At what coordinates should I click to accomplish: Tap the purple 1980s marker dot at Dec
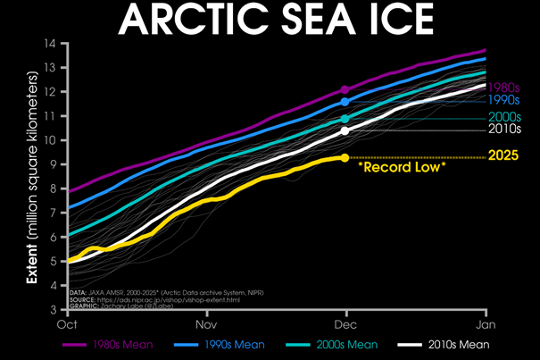tap(345, 89)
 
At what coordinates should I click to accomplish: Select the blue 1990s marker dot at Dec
tap(345, 102)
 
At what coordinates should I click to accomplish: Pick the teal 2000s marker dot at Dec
tap(345, 119)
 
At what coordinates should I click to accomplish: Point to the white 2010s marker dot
tap(345, 130)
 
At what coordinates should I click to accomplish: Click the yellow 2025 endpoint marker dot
tap(345, 158)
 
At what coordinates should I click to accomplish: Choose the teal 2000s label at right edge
tap(504, 118)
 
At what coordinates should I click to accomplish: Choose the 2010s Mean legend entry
tap(446, 343)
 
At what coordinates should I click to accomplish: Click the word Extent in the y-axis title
tap(32, 268)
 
